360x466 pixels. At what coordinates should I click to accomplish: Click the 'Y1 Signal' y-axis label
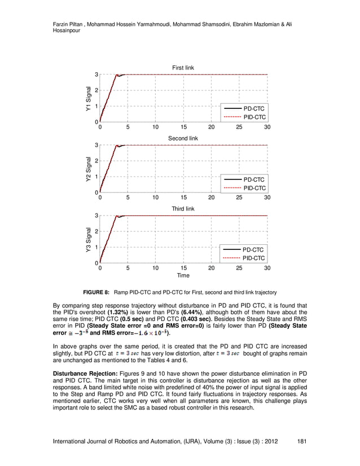[88, 98]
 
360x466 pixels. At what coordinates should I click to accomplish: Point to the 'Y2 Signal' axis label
[88, 169]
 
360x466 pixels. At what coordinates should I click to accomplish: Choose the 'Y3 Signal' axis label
[88, 239]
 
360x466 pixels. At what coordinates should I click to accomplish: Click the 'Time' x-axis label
[183, 276]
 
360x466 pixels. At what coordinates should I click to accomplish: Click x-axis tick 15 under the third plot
[183, 269]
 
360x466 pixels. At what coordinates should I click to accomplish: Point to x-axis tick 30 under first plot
[267, 128]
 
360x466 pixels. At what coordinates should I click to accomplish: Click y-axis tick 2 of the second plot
[96, 161]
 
